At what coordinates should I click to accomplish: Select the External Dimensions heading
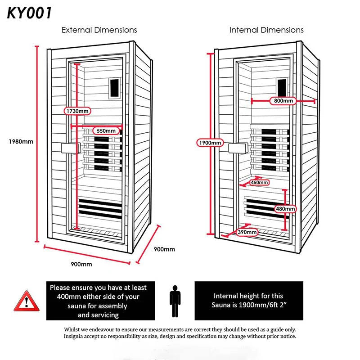[99, 30]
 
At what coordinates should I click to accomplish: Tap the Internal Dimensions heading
[266, 30]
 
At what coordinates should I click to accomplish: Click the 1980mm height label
[21, 141]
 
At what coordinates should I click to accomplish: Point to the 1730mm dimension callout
[77, 111]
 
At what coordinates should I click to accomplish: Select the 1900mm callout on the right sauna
[210, 143]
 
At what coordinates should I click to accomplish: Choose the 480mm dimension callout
[285, 209]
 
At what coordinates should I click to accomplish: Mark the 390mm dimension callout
[247, 232]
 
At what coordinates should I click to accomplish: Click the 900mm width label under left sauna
[81, 264]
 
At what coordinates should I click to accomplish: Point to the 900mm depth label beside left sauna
[164, 249]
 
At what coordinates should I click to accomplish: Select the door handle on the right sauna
[237, 148]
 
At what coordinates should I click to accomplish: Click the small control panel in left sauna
[115, 85]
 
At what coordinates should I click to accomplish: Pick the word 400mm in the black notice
[70, 297]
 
